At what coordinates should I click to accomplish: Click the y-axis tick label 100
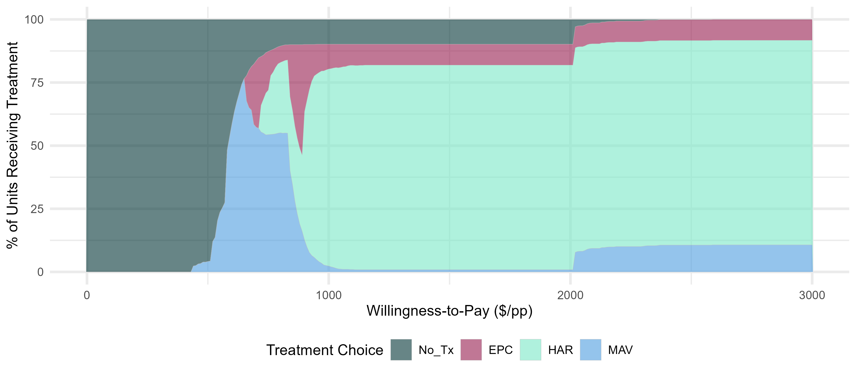point(34,20)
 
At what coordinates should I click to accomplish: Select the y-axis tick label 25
point(37,209)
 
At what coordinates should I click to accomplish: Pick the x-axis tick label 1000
point(329,295)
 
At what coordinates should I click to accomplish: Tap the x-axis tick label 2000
point(570,295)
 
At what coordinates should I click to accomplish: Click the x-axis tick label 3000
point(812,295)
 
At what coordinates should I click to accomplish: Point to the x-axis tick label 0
point(87,295)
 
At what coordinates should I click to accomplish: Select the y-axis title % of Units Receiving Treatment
point(13,145)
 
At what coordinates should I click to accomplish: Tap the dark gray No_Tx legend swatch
point(401,350)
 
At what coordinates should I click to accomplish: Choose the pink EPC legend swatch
point(471,350)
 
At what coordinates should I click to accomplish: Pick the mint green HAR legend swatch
point(530,350)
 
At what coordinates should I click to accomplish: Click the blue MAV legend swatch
point(591,350)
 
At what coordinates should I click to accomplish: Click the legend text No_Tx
point(436,350)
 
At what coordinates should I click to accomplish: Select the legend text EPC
point(500,350)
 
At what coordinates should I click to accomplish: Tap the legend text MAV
point(620,350)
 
